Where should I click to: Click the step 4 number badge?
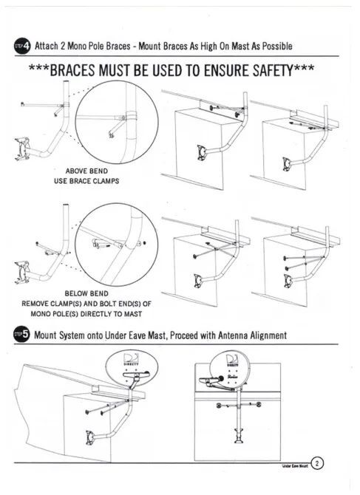(x=23, y=46)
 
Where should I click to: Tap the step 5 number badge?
(x=23, y=335)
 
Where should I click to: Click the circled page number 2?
(x=317, y=463)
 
